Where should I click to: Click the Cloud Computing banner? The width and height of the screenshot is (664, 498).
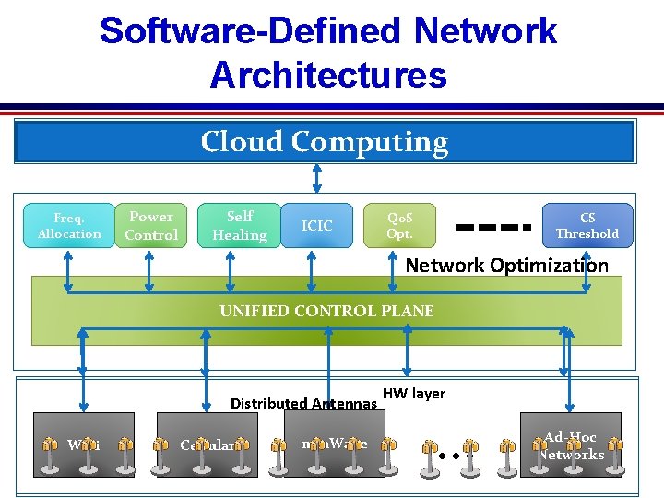pos(325,142)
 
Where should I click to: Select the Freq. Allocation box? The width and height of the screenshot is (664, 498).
pos(69,226)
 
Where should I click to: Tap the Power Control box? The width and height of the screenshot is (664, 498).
pos(151,226)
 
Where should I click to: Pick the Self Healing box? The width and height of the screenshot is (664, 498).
pos(239,226)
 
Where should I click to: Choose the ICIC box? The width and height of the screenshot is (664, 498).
pos(316,226)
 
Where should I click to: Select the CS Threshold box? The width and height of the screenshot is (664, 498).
pos(587,226)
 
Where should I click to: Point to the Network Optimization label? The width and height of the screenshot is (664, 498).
pos(507,266)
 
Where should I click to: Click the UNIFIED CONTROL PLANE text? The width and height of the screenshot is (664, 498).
pos(326,311)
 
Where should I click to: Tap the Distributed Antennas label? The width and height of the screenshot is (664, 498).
pos(303,403)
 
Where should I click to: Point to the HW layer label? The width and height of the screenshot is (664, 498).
pos(414,394)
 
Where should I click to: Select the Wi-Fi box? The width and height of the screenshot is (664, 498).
pos(82,445)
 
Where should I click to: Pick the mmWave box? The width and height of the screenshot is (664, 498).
pos(333,444)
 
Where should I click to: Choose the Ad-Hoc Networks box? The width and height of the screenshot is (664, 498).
pos(571,445)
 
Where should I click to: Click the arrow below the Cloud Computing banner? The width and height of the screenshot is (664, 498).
pos(317,179)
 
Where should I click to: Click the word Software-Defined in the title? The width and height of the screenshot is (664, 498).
pos(251,30)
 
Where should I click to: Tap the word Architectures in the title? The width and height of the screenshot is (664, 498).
pos(328,75)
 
